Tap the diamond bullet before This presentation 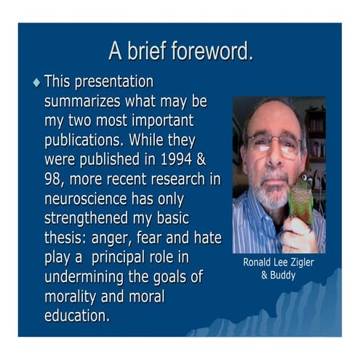[x=36, y=83]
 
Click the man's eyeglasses [x=273, y=143]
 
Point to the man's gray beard [x=273, y=193]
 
